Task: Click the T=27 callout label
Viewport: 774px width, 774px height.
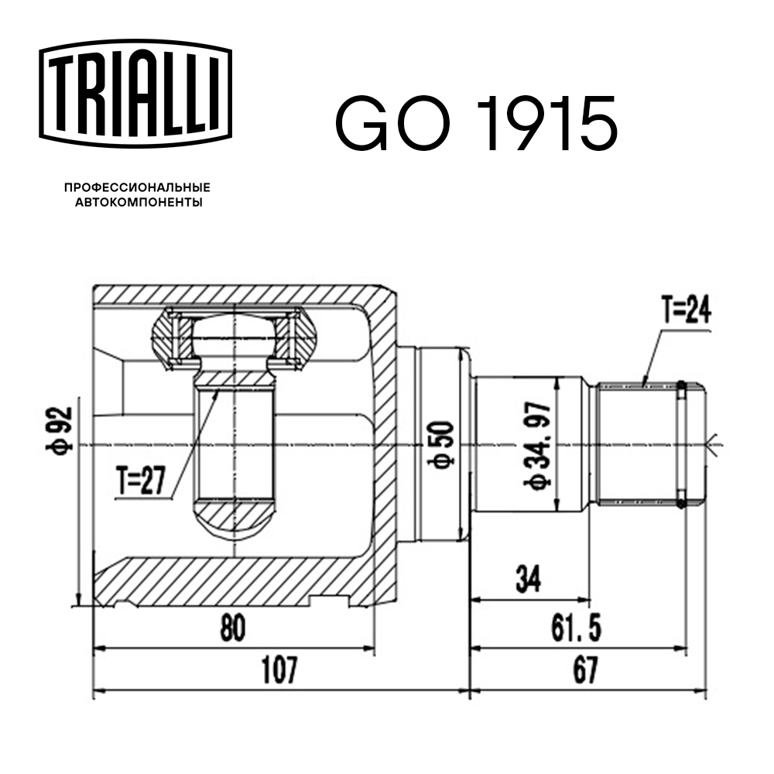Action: coord(142,482)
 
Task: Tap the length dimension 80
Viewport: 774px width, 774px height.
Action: coord(231,628)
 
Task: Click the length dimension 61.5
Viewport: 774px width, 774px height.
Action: coord(577,628)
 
